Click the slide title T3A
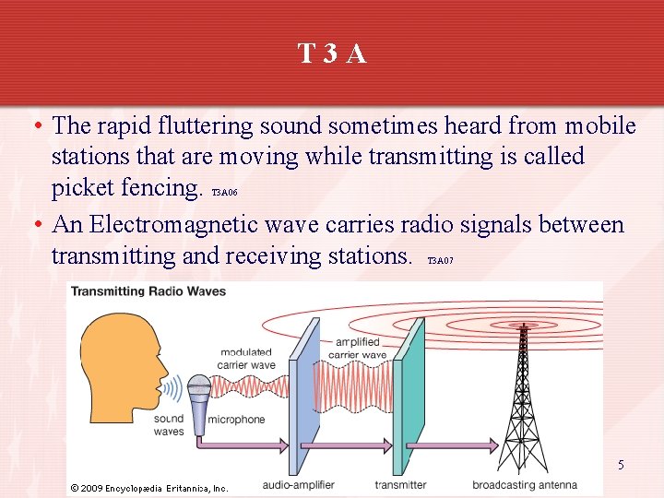[332, 54]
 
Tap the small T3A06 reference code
[225, 194]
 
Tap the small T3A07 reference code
[440, 261]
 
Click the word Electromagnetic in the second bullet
[173, 224]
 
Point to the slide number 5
[621, 465]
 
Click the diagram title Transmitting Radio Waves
[148, 291]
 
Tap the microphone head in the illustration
[199, 388]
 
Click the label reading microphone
[237, 420]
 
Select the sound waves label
[169, 425]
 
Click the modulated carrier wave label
[246, 358]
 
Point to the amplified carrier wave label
[357, 348]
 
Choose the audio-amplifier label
[299, 485]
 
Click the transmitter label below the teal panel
[400, 485]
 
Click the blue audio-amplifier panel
[305, 397]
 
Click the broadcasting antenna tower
[523, 397]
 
